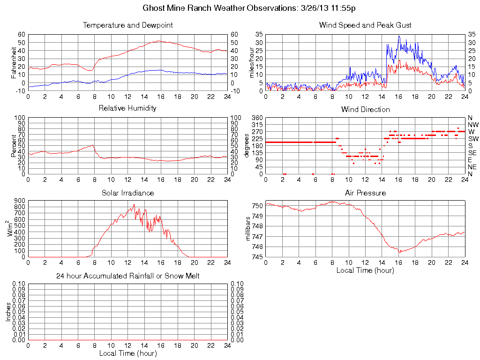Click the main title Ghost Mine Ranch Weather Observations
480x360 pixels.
249,8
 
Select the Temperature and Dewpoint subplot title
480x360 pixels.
127,25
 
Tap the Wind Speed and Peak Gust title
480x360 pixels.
365,25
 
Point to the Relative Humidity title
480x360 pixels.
127,108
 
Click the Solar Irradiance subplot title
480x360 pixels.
127,193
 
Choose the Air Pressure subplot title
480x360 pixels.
365,193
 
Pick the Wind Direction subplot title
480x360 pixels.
365,109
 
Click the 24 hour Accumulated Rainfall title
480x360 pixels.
127,276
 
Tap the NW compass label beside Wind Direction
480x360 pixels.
473,125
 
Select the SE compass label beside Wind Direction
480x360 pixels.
472,153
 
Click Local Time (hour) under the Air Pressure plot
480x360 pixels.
365,270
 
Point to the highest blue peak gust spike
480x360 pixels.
399,36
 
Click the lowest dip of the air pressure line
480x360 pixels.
400,252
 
